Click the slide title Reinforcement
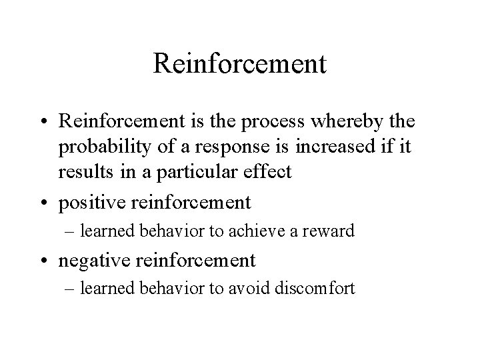coord(239,64)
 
